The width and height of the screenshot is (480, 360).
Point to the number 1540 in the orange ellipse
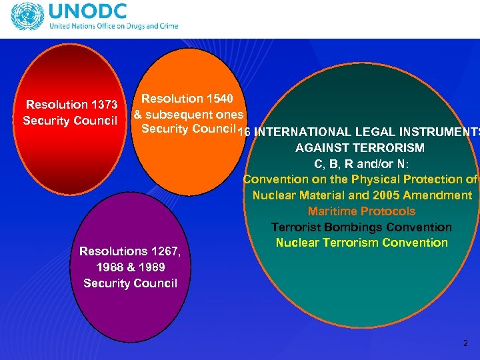point(217,99)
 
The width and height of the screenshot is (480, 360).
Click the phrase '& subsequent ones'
point(189,114)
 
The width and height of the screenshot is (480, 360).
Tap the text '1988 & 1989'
point(131,267)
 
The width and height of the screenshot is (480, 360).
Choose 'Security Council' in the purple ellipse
point(131,283)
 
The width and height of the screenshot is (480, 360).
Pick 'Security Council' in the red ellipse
point(71,121)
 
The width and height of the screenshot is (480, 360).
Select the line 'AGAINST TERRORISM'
point(360,147)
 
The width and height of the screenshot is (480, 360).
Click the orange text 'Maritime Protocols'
point(362,211)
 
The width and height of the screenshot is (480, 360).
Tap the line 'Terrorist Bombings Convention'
point(361,227)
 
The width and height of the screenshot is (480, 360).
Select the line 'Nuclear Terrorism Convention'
point(362,243)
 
